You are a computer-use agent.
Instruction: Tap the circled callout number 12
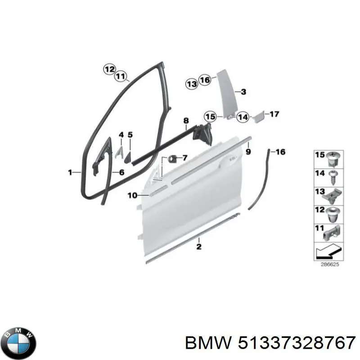(x=109, y=69)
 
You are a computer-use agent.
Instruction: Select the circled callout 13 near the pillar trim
(x=192, y=84)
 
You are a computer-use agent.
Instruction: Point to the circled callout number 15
(x=211, y=117)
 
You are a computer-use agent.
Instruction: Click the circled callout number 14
(x=243, y=117)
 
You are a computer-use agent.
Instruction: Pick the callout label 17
(x=274, y=114)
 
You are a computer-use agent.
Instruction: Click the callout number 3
(x=243, y=92)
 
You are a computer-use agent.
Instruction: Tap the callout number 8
(x=186, y=121)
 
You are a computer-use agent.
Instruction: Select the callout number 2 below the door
(x=199, y=247)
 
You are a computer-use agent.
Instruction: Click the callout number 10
(x=132, y=195)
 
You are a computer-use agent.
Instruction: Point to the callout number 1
(x=70, y=172)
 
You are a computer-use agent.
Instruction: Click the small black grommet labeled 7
(x=172, y=159)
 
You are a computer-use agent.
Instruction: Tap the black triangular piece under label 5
(x=127, y=157)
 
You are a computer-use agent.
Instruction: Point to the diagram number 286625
(x=330, y=265)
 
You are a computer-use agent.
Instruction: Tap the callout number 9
(x=248, y=152)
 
